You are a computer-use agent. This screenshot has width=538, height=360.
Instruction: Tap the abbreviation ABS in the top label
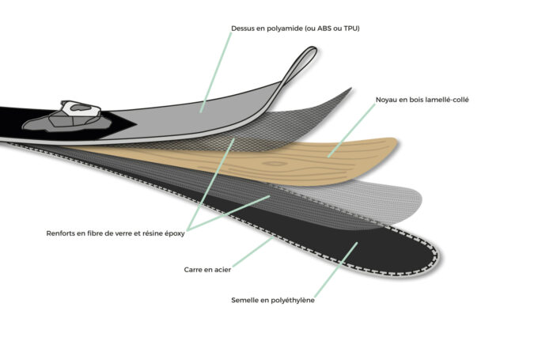coord(324,28)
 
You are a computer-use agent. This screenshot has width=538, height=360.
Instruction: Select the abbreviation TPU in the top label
coord(350,28)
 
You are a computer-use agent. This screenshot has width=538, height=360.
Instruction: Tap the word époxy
coord(175,233)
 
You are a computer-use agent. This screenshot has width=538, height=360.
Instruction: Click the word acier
coord(222,270)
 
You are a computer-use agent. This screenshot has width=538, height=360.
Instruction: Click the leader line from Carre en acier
coord(253,252)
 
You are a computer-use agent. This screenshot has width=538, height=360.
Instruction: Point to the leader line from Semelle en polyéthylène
coord(336,270)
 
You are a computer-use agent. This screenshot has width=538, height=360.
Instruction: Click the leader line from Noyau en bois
coord(352,131)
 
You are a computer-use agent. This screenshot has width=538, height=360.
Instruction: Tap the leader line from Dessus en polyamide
coord(216,73)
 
